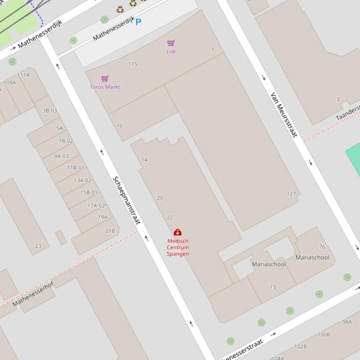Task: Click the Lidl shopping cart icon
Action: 171,43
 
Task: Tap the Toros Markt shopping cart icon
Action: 105,79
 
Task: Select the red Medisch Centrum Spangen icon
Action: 177,232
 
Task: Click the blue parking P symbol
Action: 138,22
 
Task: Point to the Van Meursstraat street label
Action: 284,115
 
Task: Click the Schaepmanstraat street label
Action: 126,200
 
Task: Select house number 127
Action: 291,194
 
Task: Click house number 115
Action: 132,64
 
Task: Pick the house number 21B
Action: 110,231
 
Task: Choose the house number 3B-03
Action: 50,111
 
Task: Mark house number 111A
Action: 23,75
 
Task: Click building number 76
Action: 322,247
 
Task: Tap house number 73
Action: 272,287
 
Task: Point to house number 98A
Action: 347,322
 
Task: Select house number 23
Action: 38,246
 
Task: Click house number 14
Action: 144,160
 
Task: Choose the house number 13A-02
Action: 82,180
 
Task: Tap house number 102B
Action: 301,346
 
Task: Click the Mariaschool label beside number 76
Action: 312,257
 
